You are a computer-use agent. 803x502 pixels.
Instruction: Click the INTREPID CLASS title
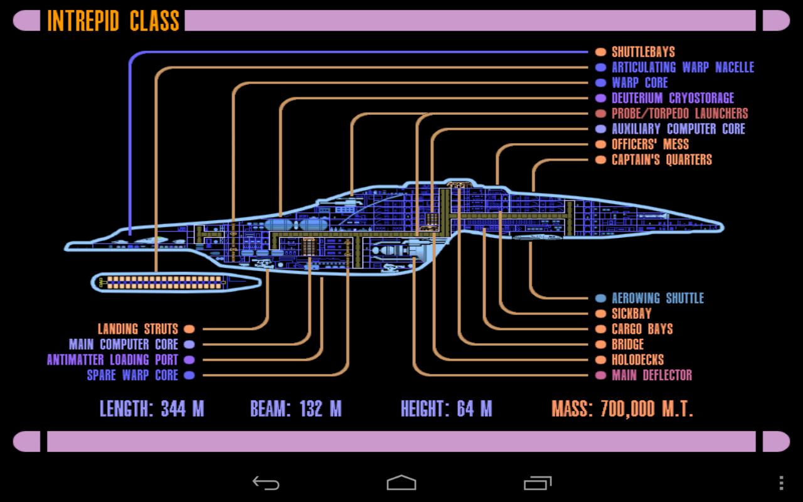(x=113, y=21)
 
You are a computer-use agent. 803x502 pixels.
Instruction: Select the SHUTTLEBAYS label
(x=643, y=52)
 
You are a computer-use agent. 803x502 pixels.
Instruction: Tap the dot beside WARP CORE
(x=600, y=83)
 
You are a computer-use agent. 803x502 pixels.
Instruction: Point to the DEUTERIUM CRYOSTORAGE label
(x=673, y=99)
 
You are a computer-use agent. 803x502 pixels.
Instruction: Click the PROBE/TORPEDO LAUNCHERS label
(x=679, y=114)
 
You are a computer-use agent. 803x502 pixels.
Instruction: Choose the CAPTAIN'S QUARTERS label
(x=662, y=160)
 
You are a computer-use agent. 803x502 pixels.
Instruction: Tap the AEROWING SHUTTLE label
(x=657, y=298)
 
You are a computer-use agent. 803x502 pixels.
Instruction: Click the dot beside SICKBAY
(x=600, y=314)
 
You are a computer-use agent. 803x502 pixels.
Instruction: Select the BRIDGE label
(x=627, y=344)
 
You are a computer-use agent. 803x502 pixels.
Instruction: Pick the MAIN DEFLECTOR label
(x=652, y=375)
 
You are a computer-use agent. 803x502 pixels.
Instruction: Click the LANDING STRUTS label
(x=138, y=329)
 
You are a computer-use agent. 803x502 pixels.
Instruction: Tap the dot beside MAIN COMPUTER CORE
(x=189, y=344)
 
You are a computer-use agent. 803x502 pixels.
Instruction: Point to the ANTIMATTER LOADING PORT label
(x=113, y=360)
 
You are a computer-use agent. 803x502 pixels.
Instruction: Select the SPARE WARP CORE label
(x=132, y=375)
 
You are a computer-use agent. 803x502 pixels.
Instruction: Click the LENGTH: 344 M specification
(x=152, y=409)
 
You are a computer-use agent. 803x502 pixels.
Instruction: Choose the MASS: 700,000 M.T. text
(x=622, y=409)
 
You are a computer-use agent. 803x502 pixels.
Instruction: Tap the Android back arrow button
(x=266, y=483)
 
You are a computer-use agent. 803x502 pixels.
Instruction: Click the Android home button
(x=401, y=483)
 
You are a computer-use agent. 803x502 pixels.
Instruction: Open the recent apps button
(x=537, y=483)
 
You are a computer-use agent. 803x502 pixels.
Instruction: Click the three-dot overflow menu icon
(x=781, y=483)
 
